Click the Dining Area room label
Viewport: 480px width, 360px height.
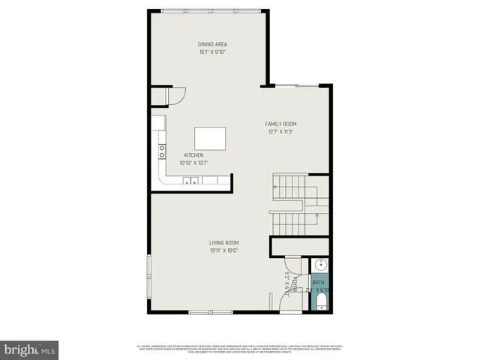(x=213, y=44)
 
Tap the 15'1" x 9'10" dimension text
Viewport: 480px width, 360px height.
(x=213, y=52)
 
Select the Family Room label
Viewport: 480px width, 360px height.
(x=281, y=123)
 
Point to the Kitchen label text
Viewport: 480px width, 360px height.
(x=193, y=155)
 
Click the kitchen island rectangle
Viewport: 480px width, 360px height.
(x=211, y=139)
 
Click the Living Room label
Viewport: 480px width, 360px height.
(x=223, y=242)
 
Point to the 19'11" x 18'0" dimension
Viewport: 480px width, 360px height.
(x=223, y=250)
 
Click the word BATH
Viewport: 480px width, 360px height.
(x=318, y=282)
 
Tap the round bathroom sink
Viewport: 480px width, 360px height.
(x=319, y=265)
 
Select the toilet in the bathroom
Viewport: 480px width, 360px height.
(x=319, y=301)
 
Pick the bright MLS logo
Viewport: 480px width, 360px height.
(x=29, y=349)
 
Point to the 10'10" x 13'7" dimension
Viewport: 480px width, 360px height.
(x=193, y=163)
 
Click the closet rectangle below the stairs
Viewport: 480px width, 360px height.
(x=299, y=246)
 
